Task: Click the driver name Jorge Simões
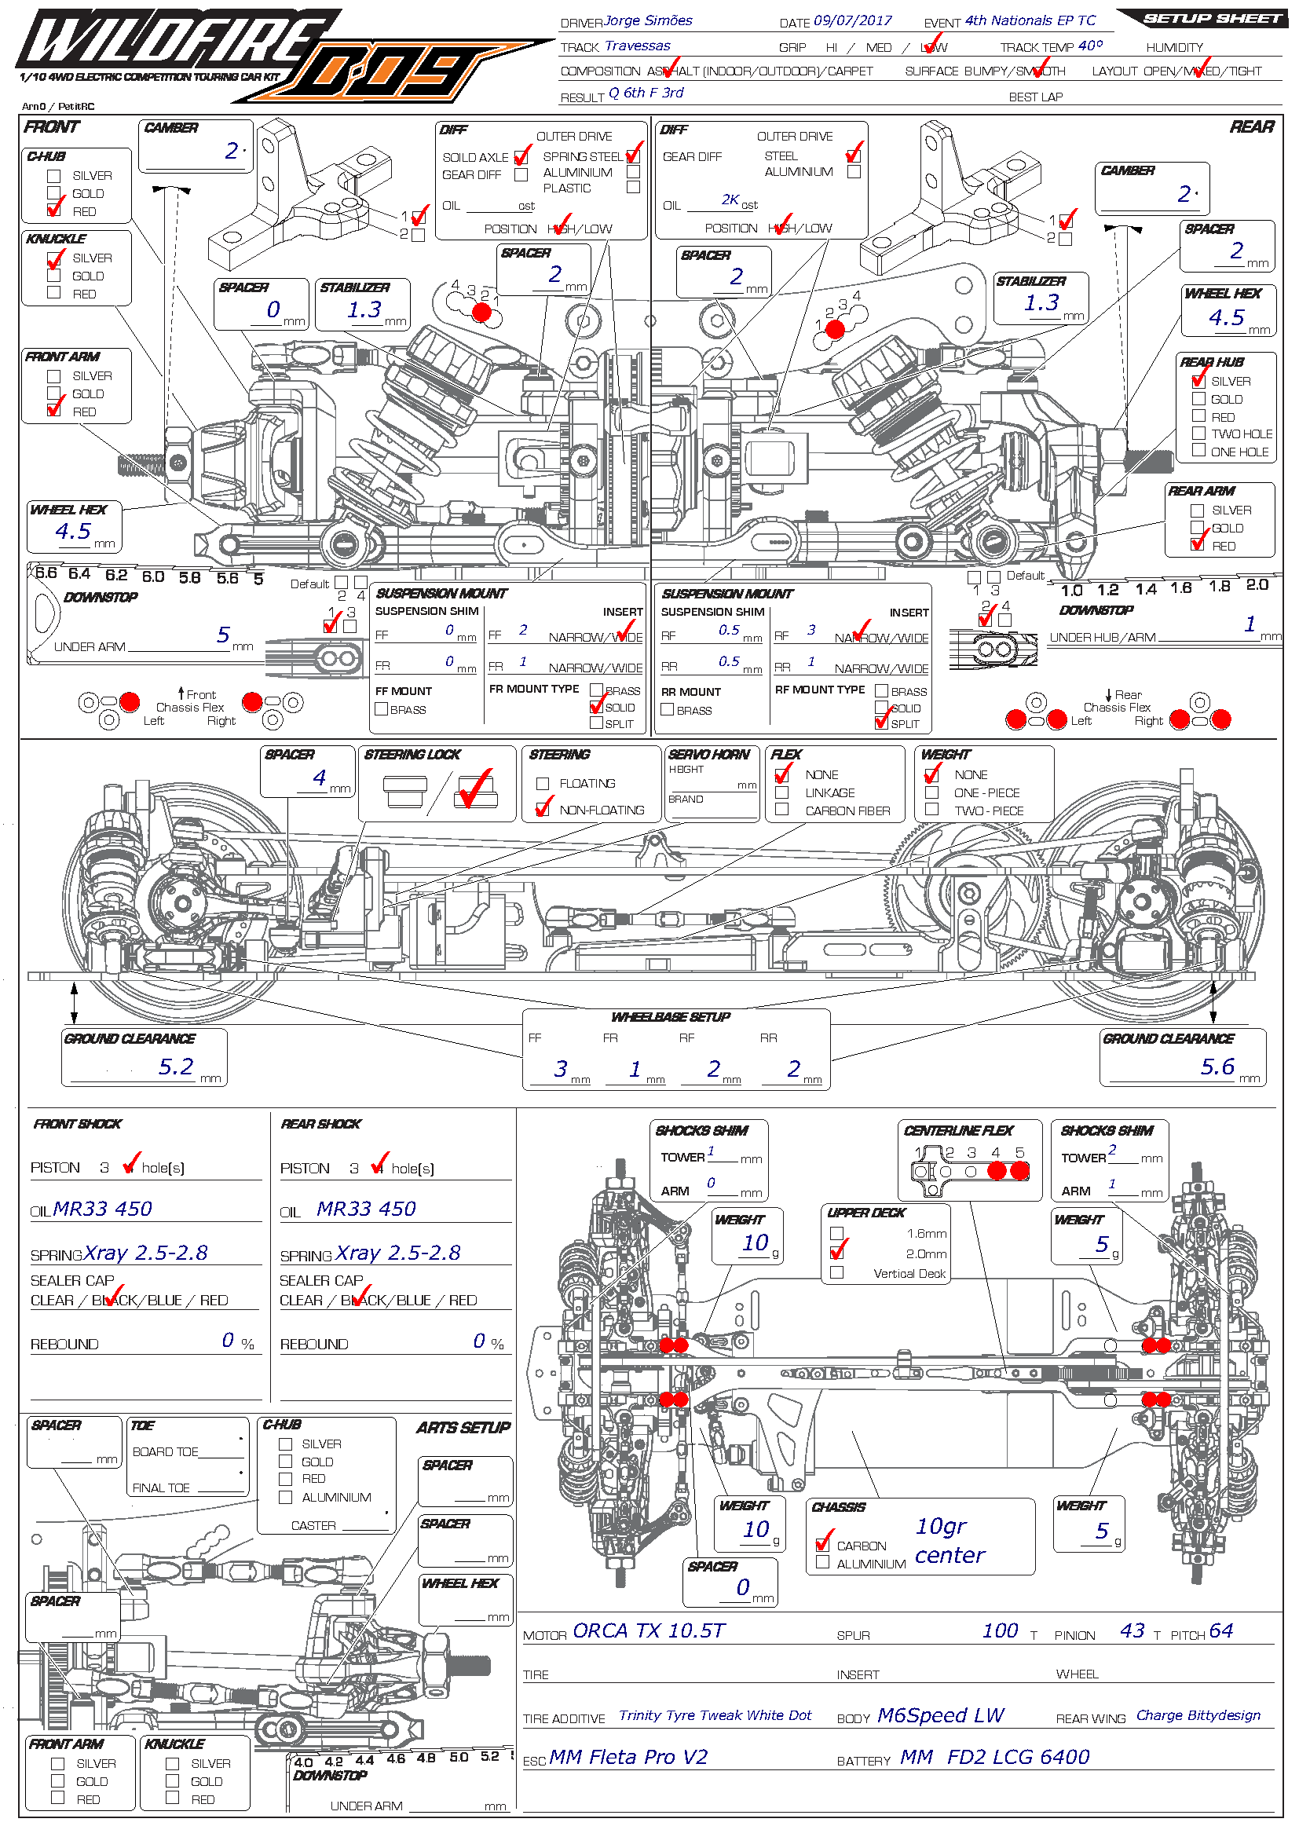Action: pos(648,20)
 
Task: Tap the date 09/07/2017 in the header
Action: pos(852,20)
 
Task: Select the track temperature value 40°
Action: pos(1090,46)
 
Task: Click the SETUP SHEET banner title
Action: pos(1212,18)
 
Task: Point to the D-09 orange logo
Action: pos(392,74)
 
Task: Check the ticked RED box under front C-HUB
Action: pos(54,211)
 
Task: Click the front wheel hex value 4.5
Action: pos(73,531)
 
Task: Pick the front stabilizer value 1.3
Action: pos(364,309)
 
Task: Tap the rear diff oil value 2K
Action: pos(730,200)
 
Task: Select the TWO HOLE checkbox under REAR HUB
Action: pos(1198,433)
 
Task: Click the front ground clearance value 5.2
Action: pos(176,1067)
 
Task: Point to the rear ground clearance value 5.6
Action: pos(1217,1067)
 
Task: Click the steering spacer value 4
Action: pos(319,778)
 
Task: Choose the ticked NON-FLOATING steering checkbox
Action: pos(543,809)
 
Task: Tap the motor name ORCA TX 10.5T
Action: pos(648,1630)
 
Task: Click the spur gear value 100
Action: pos(1000,1630)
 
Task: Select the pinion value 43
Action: pos(1132,1630)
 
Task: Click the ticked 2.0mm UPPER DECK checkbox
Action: pos(836,1253)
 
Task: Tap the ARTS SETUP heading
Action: pos(463,1428)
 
